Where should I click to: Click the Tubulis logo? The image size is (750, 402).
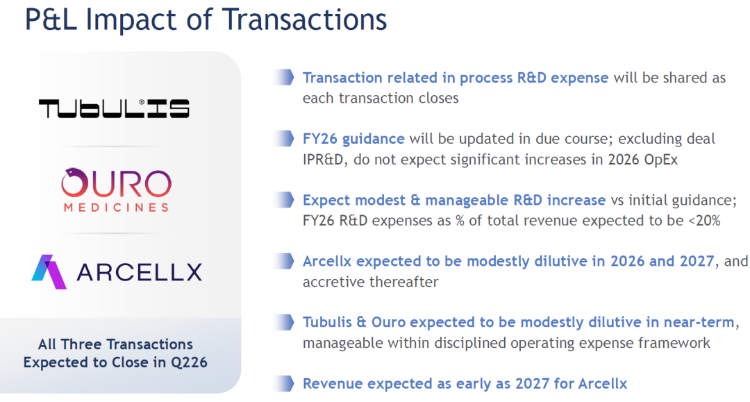(114, 108)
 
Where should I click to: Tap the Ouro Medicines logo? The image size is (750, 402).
(116, 190)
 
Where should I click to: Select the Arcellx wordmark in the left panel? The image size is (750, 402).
(139, 272)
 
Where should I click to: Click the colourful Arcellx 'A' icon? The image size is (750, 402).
(49, 271)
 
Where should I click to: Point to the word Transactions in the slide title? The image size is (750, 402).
(304, 19)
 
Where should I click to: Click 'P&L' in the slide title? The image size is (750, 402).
(51, 19)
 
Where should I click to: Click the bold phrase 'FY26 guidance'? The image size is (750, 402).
(353, 139)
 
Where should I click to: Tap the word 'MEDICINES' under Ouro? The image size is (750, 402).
(116, 208)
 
